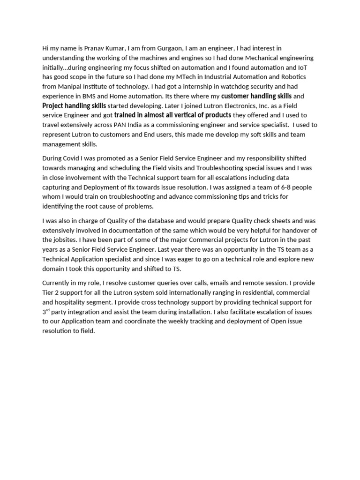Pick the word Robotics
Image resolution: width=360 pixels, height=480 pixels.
click(x=302, y=77)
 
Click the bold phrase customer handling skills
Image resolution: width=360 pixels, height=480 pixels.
click(x=256, y=96)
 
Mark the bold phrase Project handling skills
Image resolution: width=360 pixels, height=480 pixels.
click(x=74, y=105)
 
